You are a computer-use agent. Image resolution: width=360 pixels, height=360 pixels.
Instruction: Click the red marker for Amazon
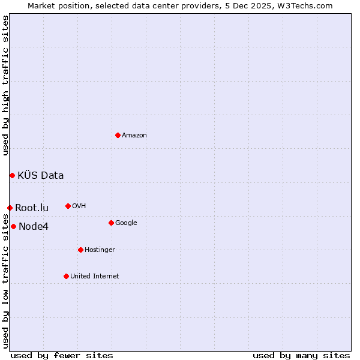118,135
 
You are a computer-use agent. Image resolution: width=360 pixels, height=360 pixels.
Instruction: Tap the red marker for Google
111,223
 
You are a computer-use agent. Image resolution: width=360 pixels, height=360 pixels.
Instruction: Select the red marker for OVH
68,206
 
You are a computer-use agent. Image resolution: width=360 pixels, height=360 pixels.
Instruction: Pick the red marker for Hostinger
80,250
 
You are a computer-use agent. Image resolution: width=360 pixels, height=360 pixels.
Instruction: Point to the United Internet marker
66,276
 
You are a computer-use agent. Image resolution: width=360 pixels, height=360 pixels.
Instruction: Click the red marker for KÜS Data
12,175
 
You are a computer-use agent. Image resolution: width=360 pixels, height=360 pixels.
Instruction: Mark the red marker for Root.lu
10,208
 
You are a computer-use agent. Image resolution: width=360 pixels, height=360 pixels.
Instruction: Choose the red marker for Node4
13,226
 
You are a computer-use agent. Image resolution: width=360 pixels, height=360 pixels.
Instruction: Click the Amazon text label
134,136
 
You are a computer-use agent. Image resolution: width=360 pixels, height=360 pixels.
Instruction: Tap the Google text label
126,223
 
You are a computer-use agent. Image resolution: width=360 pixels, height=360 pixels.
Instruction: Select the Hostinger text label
100,250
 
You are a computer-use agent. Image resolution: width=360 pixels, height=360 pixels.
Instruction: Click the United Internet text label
94,277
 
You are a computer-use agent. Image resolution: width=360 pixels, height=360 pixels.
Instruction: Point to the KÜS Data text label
41,176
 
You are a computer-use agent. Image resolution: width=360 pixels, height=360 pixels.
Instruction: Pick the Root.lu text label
32,208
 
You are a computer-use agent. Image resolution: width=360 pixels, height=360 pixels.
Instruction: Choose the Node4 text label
34,227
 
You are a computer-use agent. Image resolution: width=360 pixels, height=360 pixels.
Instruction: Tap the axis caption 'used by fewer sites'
62,355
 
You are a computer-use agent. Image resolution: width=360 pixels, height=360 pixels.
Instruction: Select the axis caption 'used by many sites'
301,355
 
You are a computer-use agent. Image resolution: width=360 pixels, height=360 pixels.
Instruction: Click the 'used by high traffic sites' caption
5,85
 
